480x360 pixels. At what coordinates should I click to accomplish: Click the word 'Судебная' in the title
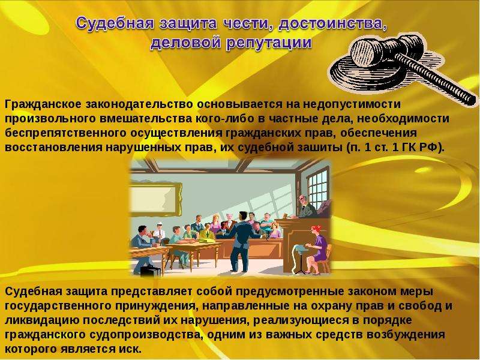[115, 23]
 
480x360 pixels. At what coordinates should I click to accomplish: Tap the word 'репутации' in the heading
[269, 43]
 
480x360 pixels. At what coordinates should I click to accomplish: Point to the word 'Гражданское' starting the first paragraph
[43, 104]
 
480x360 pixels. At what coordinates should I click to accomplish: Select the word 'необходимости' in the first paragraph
[403, 119]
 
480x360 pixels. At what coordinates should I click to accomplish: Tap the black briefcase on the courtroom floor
[150, 270]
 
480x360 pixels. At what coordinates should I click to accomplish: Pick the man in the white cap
[159, 232]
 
